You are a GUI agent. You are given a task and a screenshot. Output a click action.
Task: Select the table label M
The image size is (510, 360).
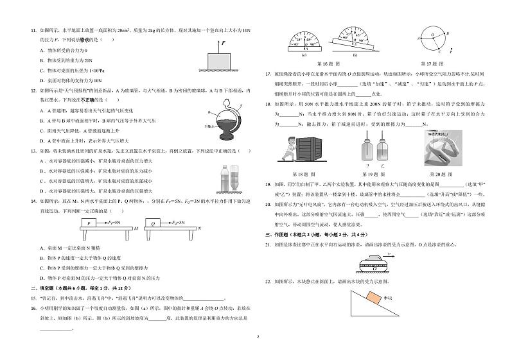pyautogui.click(x=136, y=228)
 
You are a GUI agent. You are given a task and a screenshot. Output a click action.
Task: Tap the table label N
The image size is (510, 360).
pyautogui.click(x=200, y=228)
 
